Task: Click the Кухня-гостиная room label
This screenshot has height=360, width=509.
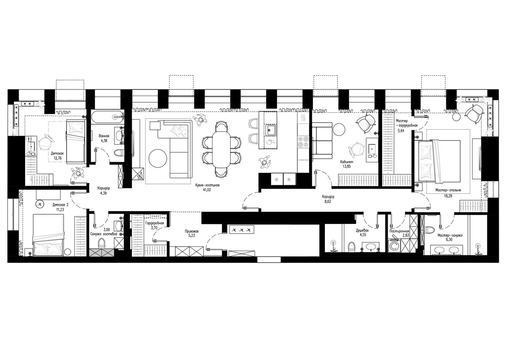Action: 207,185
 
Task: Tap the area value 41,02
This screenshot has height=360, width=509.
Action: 207,190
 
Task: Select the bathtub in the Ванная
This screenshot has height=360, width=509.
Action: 108,117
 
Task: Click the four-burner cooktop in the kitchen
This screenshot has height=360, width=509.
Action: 303,142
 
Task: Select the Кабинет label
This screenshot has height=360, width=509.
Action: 347,162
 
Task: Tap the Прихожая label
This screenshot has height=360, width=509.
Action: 192,232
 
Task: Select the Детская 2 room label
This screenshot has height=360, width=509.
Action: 60,205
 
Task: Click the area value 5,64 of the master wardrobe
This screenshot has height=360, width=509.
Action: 401,131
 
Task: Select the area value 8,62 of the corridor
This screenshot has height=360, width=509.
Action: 328,201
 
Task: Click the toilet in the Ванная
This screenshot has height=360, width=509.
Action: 119,153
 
